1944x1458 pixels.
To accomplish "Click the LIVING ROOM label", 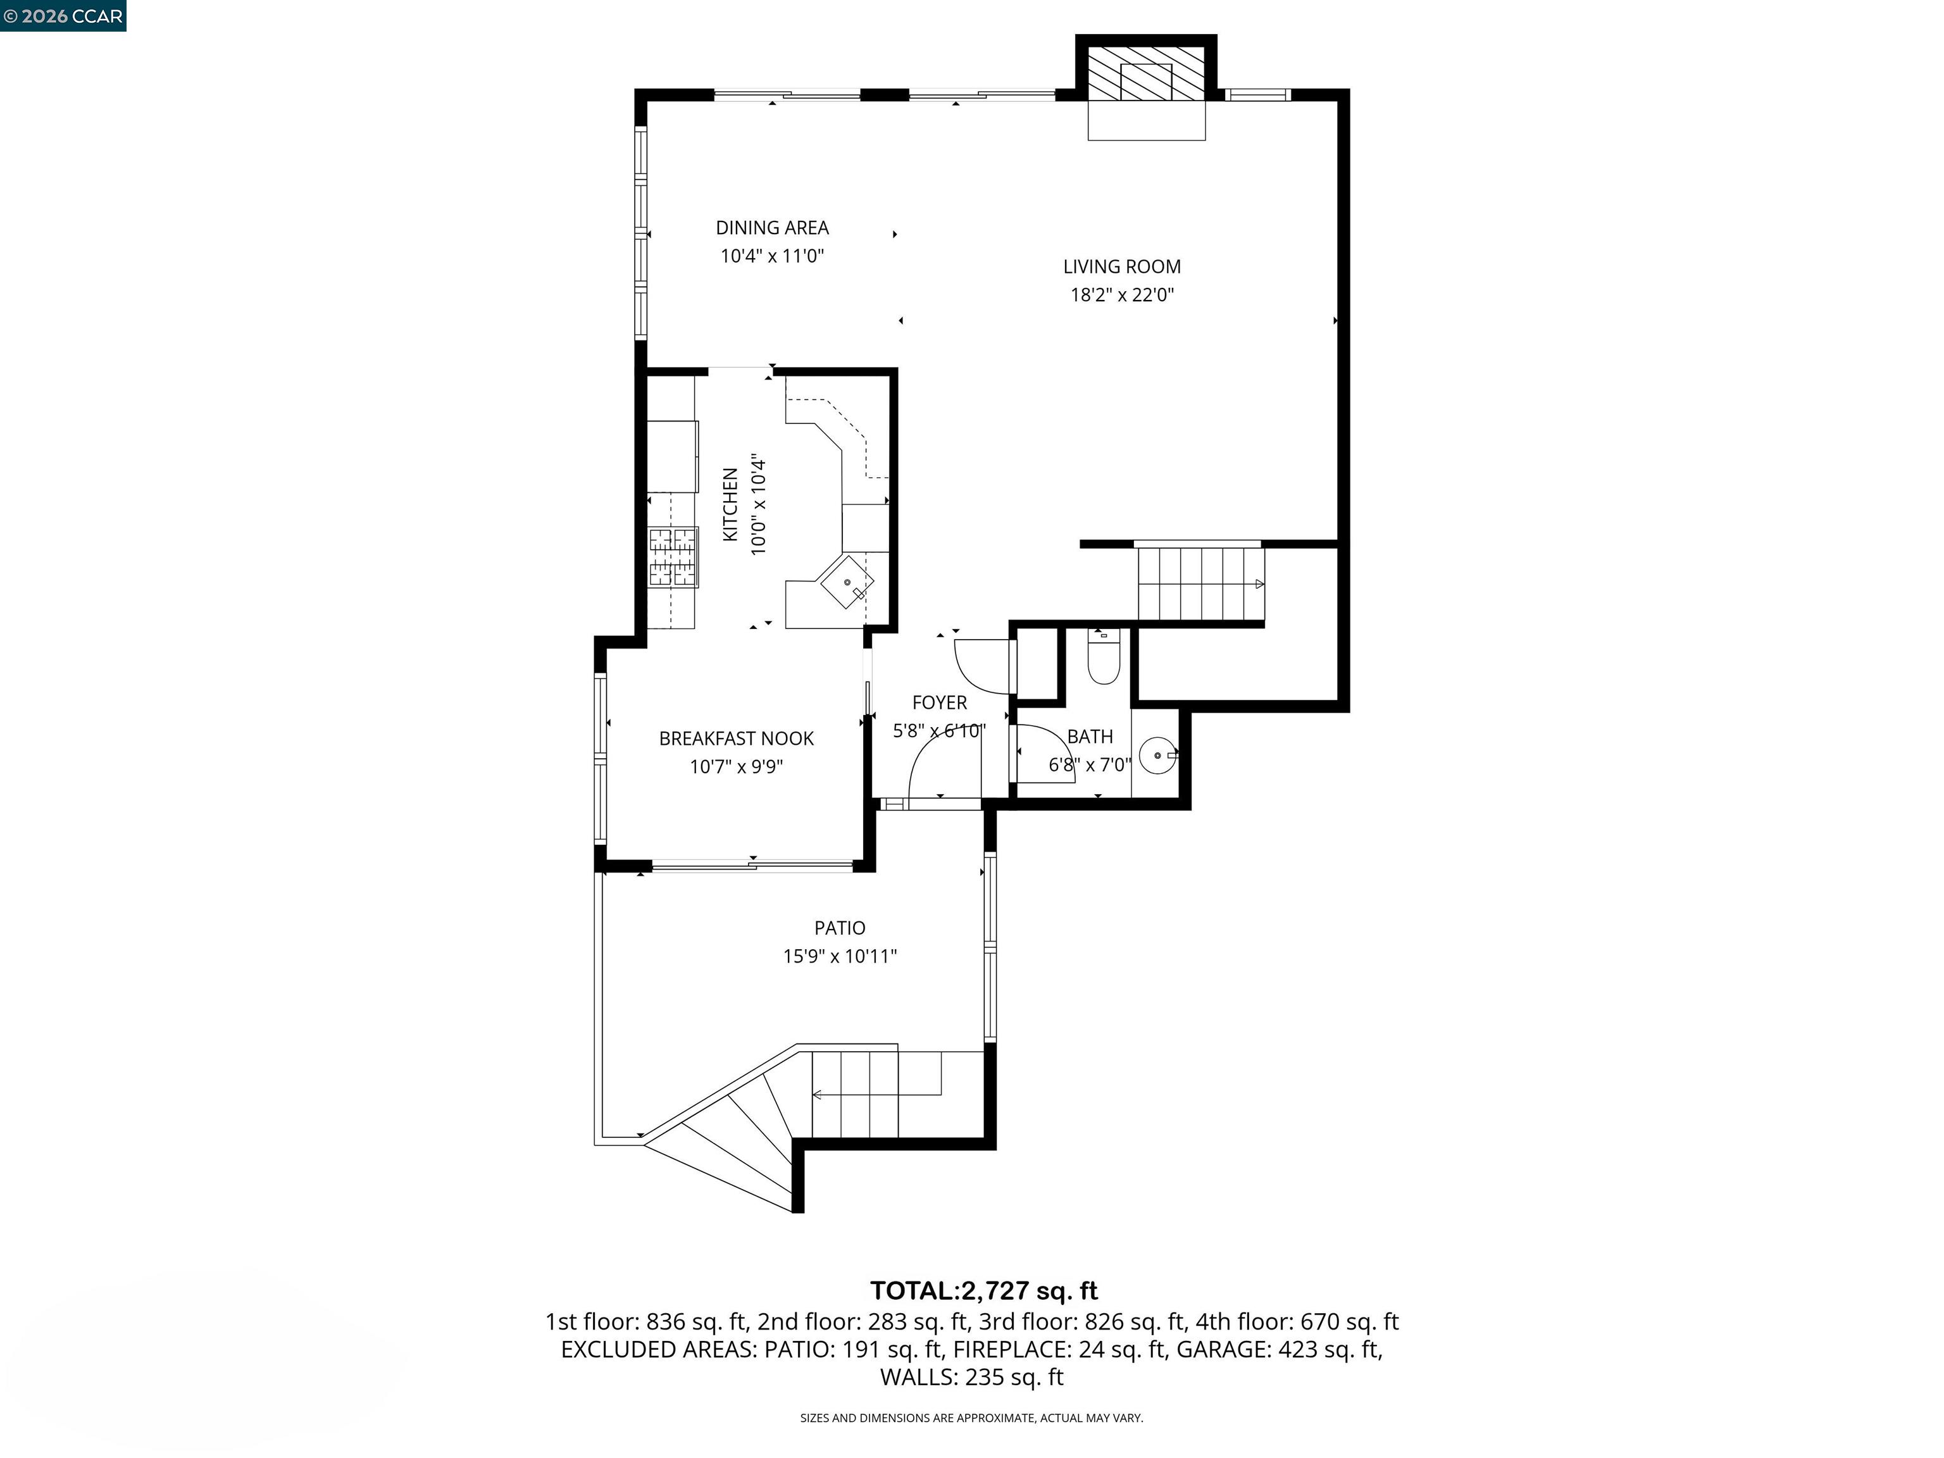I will click(1121, 266).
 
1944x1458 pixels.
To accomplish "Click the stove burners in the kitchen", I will click(673, 557).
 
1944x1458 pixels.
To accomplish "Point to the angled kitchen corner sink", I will click(846, 581).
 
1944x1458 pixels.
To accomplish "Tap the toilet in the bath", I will click(1103, 659).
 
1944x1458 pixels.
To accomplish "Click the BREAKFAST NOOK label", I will click(737, 738).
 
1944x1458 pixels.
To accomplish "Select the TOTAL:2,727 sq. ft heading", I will click(983, 1290).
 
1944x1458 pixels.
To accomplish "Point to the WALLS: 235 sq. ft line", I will click(971, 1377).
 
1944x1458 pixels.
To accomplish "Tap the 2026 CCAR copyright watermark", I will click(63, 16).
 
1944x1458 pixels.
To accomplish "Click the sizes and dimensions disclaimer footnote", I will click(971, 1417).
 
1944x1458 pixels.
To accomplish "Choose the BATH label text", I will click(1090, 737).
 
